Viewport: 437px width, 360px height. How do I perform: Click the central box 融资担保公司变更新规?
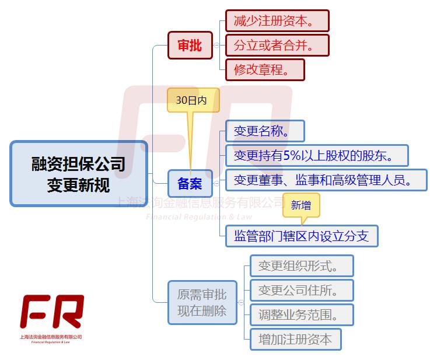(x=79, y=173)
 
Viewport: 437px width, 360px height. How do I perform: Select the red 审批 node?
(x=190, y=46)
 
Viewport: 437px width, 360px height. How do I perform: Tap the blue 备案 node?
(x=190, y=184)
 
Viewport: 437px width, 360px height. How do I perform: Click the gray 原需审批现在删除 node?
(x=202, y=302)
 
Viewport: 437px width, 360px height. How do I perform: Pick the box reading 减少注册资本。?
(x=277, y=21)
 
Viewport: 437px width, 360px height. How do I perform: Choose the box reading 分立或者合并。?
(x=277, y=46)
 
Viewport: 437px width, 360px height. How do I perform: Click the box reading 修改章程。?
(x=265, y=70)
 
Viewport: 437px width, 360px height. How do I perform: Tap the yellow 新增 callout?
(x=301, y=205)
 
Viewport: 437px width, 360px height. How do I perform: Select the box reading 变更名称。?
(x=265, y=131)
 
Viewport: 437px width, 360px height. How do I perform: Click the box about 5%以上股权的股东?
(x=316, y=156)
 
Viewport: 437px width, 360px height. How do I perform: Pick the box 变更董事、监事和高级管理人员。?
(x=326, y=180)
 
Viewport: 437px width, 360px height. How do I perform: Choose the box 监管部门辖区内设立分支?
(x=302, y=236)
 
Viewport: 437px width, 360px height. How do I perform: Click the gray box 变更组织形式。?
(x=302, y=266)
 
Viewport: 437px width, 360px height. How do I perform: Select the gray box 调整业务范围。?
(x=302, y=315)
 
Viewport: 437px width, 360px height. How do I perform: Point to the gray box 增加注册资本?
(x=295, y=340)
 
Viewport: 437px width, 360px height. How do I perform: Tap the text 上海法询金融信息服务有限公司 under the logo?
(x=51, y=337)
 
